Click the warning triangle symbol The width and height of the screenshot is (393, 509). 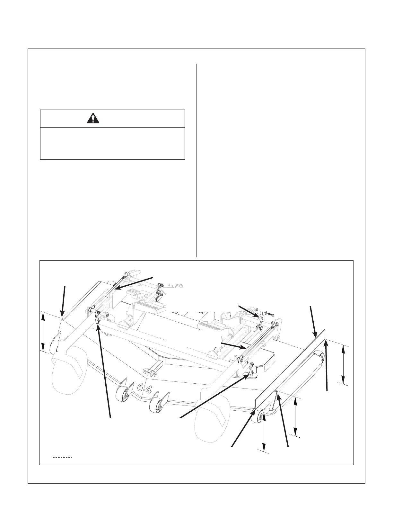(93, 119)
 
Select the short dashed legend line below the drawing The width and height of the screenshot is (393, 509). (62, 457)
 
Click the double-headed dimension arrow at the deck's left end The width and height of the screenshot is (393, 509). (43, 332)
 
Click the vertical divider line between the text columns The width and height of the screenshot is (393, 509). (197, 161)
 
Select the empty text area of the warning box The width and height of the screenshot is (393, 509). (112, 143)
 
